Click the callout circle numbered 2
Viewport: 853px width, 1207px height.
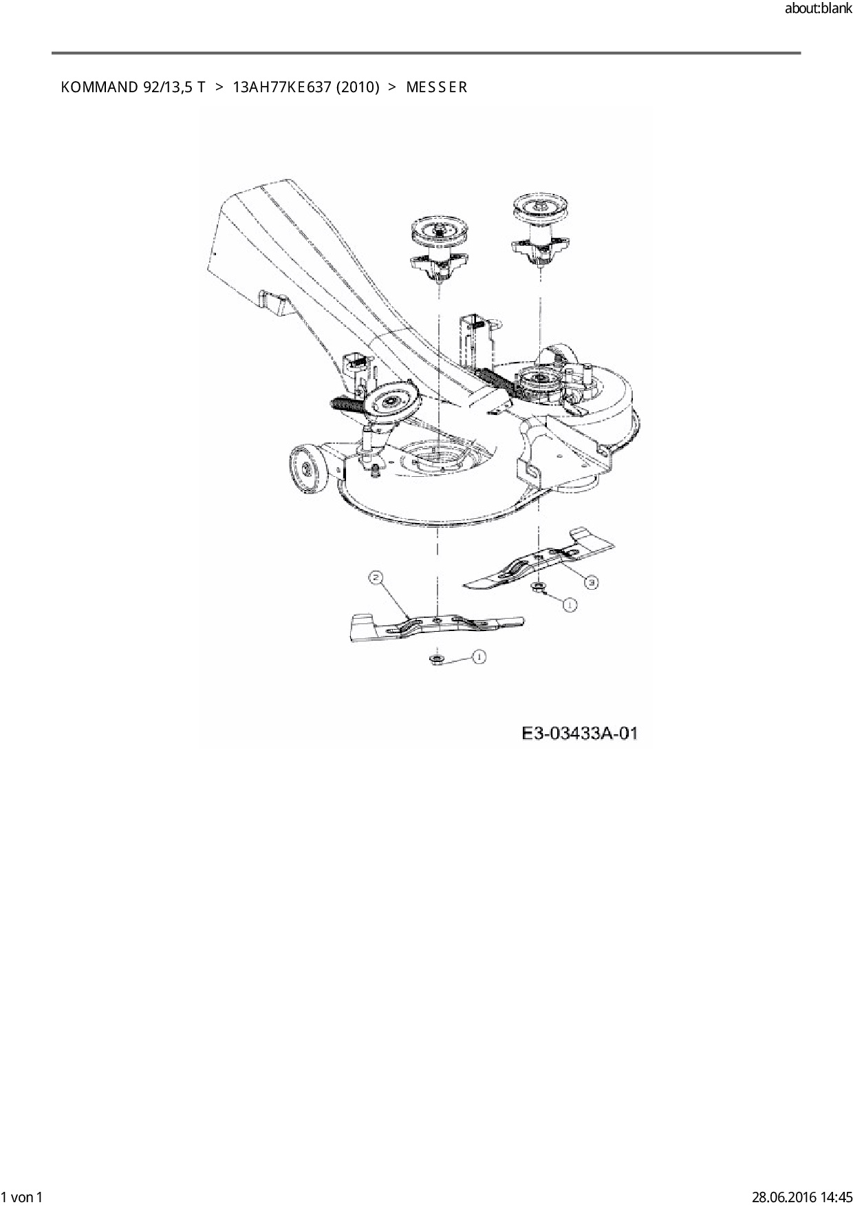[x=376, y=579]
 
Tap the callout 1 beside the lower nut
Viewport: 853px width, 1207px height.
[x=478, y=657]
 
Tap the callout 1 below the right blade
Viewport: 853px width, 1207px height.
[x=570, y=605]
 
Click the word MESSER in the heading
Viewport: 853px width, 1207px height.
[x=437, y=87]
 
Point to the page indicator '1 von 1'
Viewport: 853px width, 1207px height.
[x=23, y=1197]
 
